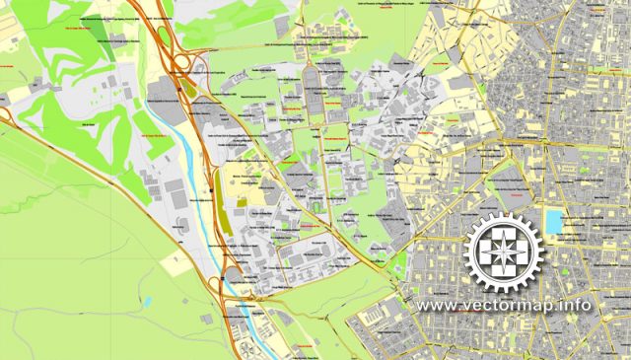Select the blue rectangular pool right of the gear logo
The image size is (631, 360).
[557, 223]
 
